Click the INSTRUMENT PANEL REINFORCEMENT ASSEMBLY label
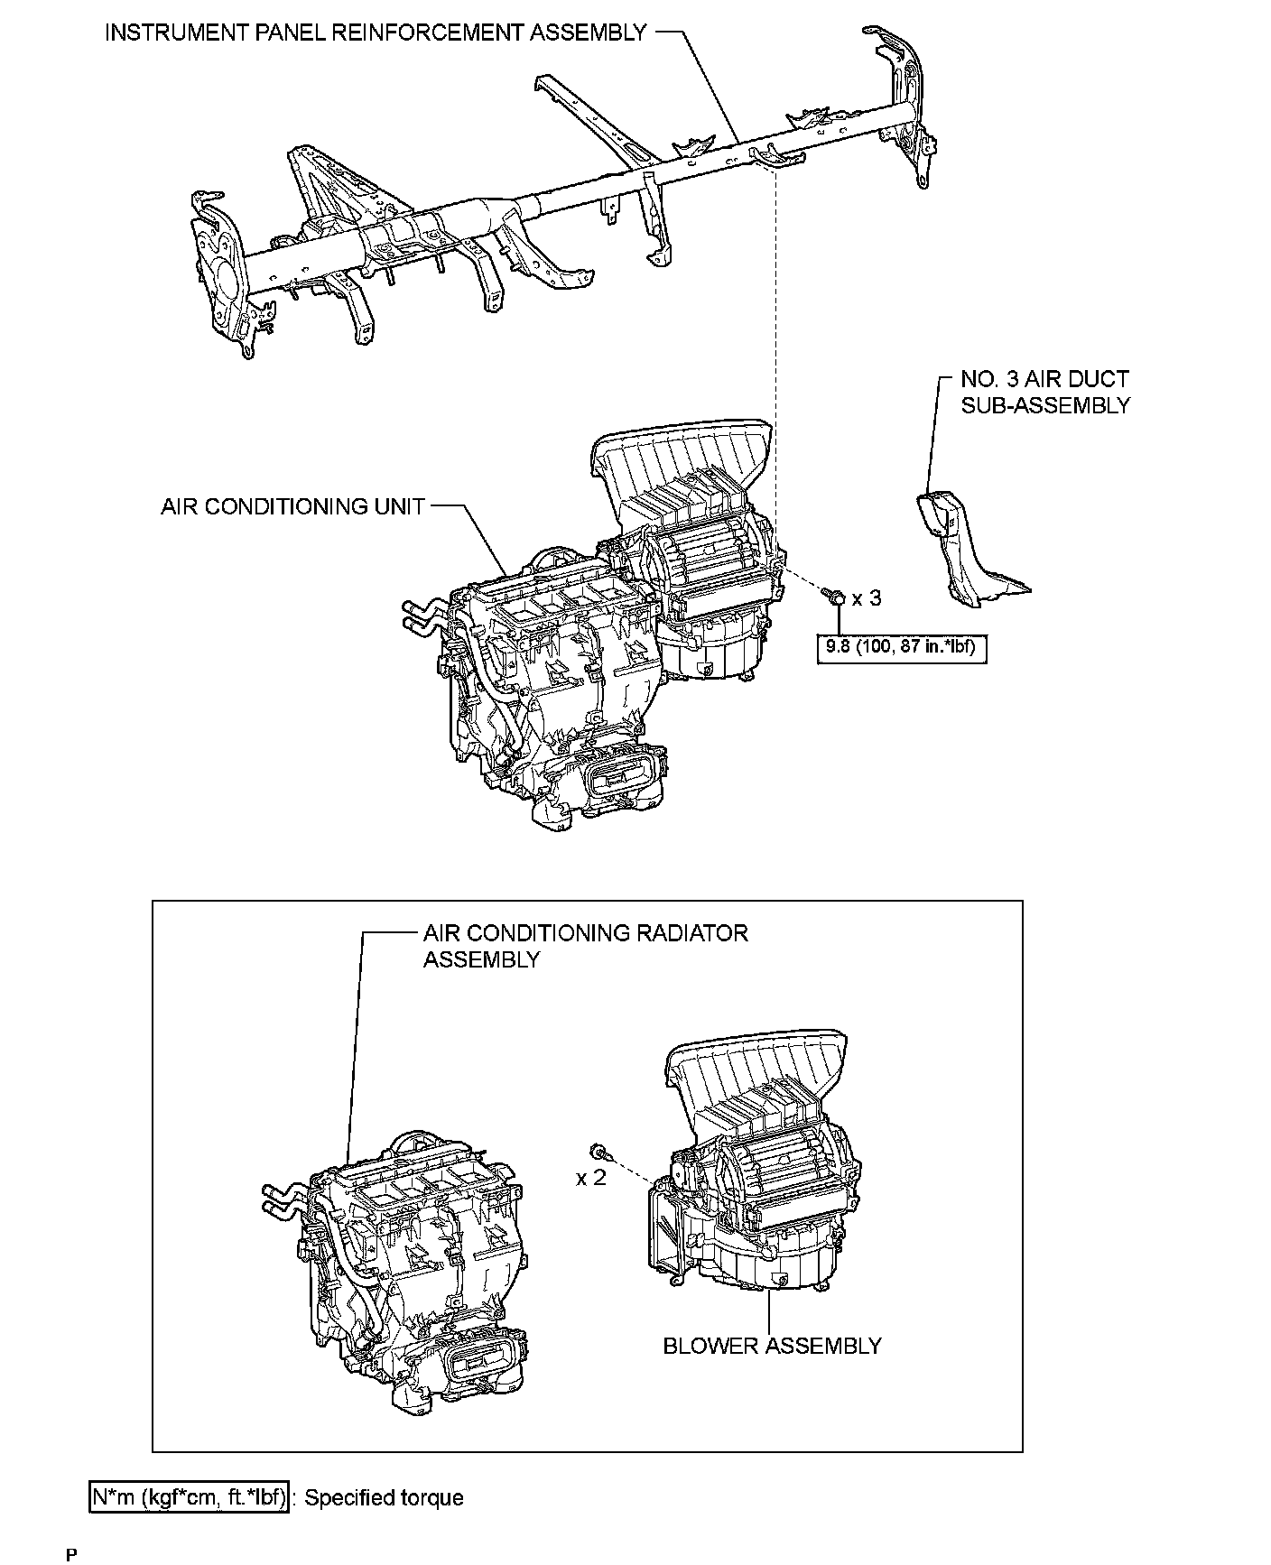376,32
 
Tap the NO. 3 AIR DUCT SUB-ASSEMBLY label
1044,393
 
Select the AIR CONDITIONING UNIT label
292,506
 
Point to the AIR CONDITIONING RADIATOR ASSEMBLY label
585,945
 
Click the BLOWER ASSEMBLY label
772,1346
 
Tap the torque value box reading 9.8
901,647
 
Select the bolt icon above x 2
599,1152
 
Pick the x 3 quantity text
867,598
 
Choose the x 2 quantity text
592,1178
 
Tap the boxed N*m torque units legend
190,1497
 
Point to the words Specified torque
384,1498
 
